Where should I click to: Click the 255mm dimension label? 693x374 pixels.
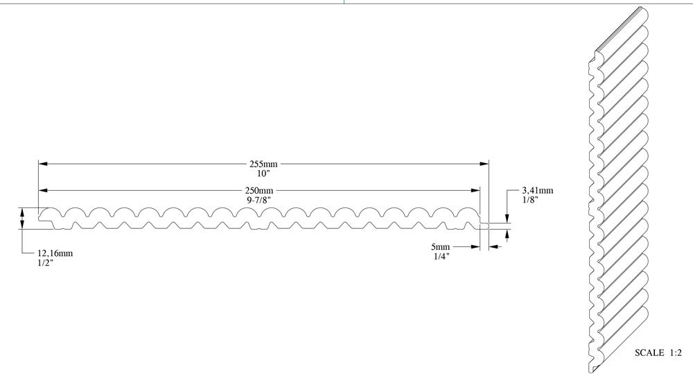click(263, 164)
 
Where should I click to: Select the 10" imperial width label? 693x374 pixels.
click(263, 173)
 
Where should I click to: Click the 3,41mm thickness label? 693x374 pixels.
click(537, 190)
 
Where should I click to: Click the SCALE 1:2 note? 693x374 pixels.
click(658, 353)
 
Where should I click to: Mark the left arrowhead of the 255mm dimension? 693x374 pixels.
click(42, 164)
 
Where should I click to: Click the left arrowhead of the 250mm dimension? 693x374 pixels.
click(42, 191)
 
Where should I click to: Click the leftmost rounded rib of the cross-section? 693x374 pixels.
click(52, 213)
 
